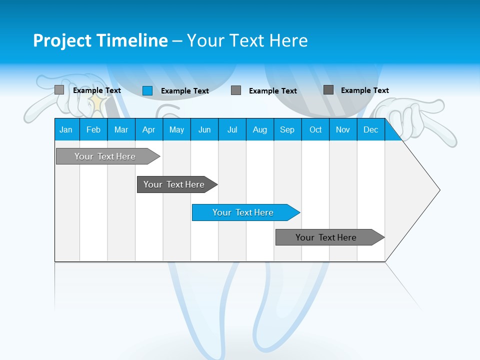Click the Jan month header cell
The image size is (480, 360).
[66, 129]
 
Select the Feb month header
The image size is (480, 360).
[93, 129]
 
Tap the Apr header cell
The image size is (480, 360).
[148, 129]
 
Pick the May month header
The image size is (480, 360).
[176, 129]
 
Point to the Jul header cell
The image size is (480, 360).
[232, 129]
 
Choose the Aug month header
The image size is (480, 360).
[259, 129]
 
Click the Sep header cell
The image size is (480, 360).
[287, 129]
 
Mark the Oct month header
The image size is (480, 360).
[315, 129]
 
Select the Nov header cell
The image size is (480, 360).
[343, 129]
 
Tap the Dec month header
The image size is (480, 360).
[370, 129]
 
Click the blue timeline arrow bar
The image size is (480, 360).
[245, 212]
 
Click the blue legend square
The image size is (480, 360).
[147, 90]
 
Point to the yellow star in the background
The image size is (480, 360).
[96, 105]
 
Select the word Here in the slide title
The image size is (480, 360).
[288, 40]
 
